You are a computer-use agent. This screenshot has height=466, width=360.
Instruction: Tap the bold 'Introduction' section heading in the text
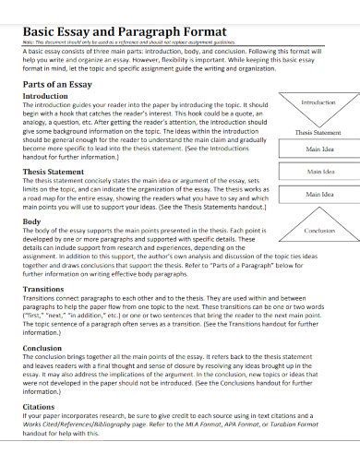(x=45, y=96)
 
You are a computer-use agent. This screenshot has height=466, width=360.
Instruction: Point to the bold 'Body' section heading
(x=30, y=222)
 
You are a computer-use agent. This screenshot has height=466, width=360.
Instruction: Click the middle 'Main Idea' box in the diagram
(x=319, y=172)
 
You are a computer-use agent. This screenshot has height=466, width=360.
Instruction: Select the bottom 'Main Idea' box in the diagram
(x=319, y=195)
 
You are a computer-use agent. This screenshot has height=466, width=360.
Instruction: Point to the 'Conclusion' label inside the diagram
(x=319, y=230)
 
